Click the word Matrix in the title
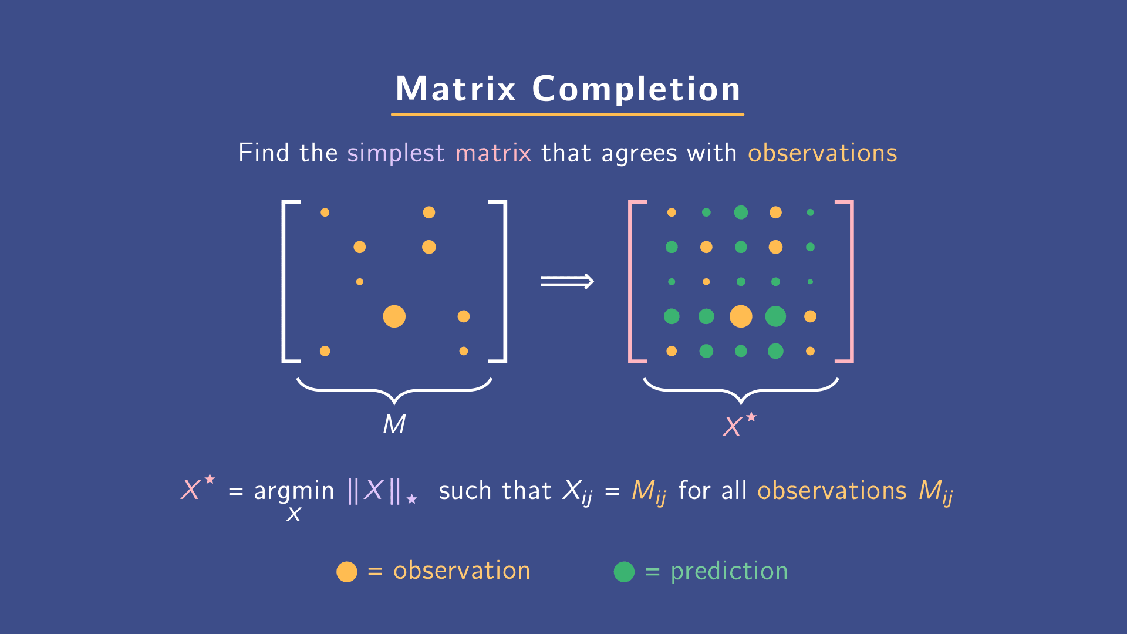455,89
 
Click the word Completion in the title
636,89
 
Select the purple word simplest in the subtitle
396,153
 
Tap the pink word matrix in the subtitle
493,153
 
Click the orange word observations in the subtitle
822,153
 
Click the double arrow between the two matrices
567,282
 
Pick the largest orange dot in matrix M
394,316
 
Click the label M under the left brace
394,424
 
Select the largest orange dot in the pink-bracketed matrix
741,316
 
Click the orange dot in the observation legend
347,572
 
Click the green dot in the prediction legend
624,572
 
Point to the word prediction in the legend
729,572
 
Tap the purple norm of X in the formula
374,491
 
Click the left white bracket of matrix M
285,282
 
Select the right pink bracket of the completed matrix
851,282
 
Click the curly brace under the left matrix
394,390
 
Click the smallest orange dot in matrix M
360,282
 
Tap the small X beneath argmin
293,515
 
